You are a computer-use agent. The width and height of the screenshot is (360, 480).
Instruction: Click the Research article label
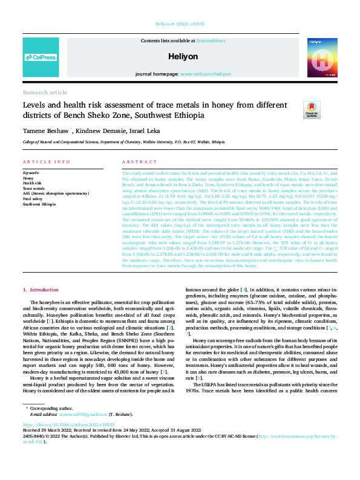(x=45, y=92)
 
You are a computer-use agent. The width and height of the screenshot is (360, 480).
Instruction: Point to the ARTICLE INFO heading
(x=42, y=162)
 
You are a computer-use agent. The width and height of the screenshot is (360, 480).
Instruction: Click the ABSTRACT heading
(x=139, y=162)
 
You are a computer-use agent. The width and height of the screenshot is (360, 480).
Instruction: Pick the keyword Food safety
(x=34, y=198)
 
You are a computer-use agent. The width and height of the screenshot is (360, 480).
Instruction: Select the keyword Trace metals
(x=34, y=189)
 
